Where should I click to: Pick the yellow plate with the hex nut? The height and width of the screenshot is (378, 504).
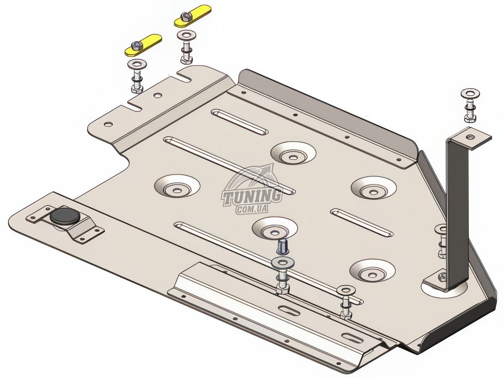tap(143, 45)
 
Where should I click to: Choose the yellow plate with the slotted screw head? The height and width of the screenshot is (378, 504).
tap(193, 16)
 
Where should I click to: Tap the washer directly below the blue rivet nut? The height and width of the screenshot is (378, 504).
tap(281, 262)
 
